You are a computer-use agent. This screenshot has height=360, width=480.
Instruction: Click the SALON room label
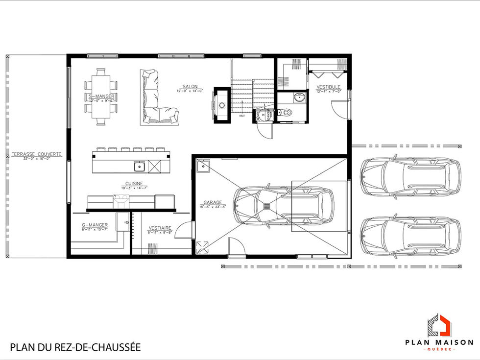pos(190,87)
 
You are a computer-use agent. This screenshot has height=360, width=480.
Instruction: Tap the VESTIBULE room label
pos(328,87)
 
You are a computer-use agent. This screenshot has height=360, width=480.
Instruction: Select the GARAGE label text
pos(213,202)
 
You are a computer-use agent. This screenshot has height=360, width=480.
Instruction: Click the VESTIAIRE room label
pos(160,228)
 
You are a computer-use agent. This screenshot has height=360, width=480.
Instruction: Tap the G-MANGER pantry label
pos(95,225)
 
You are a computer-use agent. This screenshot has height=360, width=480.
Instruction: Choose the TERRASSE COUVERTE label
pos(37,154)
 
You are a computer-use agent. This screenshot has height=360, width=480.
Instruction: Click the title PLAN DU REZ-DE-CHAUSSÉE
pos(75,347)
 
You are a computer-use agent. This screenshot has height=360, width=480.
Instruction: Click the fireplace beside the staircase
pos(221,105)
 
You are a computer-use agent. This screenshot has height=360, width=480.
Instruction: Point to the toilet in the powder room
pos(285,113)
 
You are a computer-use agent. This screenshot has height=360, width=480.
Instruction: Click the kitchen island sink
pos(140,166)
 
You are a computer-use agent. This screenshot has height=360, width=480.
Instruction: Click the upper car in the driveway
pos(410,177)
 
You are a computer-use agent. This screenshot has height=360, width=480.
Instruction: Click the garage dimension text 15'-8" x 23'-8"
pos(213,207)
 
